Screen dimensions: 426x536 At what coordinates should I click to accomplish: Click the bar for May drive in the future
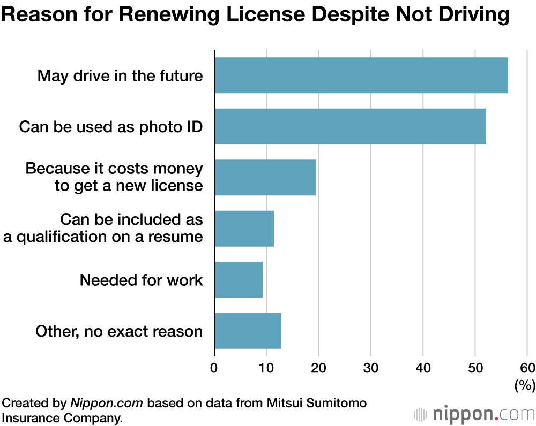coord(361,75)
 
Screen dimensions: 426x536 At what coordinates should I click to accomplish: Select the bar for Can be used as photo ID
coord(350,126)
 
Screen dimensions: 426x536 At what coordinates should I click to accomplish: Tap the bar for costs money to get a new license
coord(265,177)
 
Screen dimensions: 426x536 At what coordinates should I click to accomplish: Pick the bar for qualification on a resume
coord(244,229)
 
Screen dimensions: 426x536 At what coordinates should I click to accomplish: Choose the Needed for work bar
coord(239,279)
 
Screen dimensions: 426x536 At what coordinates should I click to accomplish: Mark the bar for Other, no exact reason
coord(248,331)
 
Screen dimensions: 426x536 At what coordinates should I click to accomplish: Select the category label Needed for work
coord(142,280)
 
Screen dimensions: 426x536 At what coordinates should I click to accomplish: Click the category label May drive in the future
coord(120,75)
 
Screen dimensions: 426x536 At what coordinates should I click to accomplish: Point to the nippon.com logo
coord(474,414)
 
